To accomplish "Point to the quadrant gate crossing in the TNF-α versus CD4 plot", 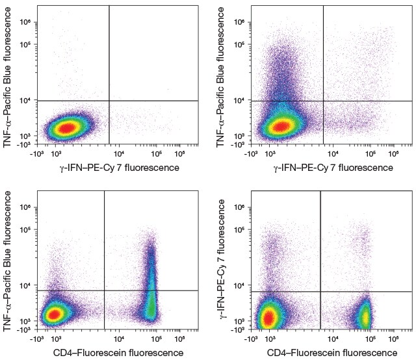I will tap(105, 290).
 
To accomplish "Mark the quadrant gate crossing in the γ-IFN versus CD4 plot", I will tap(320, 291).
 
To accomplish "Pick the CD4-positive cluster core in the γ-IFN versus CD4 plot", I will tap(366, 316).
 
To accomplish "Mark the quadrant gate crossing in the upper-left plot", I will tap(109, 100).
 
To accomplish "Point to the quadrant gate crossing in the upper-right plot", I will tap(323, 100).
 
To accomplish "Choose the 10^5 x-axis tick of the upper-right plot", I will tap(371, 154).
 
